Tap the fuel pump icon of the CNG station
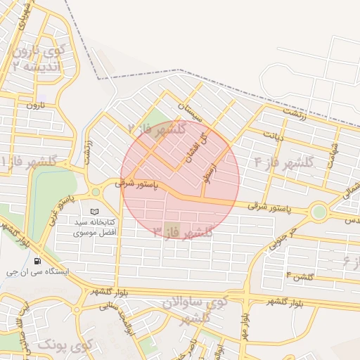37,261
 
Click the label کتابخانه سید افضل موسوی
99,226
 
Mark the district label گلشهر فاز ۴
298,163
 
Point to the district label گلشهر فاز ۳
182,233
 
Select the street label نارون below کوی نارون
35,105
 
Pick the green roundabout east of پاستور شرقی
319,211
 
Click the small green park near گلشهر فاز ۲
160,117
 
